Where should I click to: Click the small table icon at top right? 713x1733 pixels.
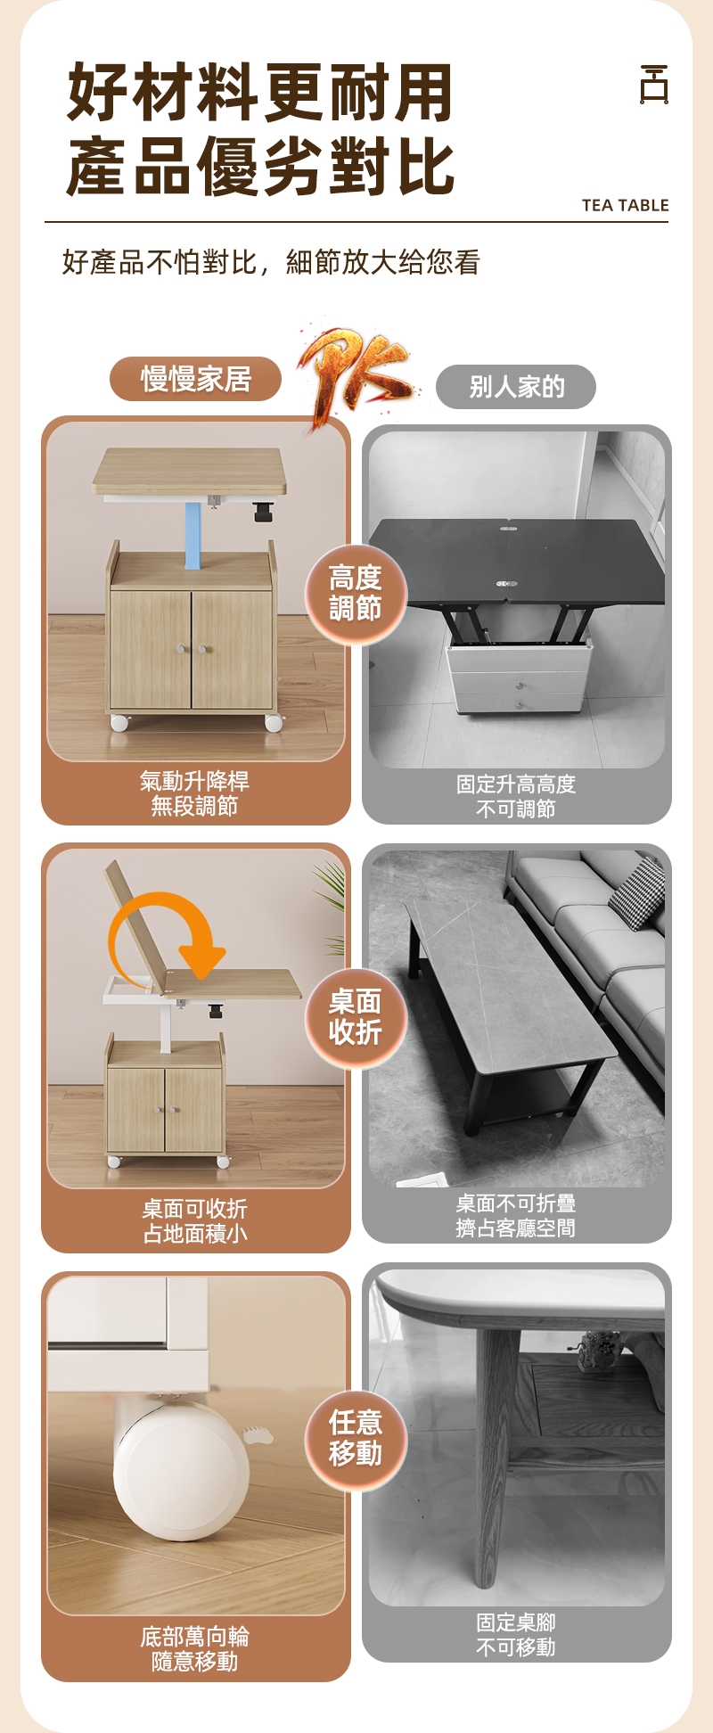tap(654, 85)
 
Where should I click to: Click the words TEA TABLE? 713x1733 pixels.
tap(625, 205)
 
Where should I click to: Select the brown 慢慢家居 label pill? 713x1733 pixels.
tap(195, 379)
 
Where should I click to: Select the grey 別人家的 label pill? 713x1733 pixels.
tap(516, 387)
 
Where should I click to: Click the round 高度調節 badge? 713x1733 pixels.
tap(356, 594)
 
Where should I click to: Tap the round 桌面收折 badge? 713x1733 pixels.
tap(356, 1017)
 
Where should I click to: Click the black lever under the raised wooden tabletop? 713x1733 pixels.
tap(262, 512)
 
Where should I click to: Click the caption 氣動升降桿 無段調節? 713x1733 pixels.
tap(194, 793)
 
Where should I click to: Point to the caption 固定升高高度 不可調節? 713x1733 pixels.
tap(516, 796)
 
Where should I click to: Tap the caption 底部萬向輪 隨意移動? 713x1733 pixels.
tap(194, 1649)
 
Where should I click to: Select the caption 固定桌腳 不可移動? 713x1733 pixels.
tap(516, 1635)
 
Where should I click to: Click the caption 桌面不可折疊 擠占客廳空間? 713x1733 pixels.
tap(516, 1216)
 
